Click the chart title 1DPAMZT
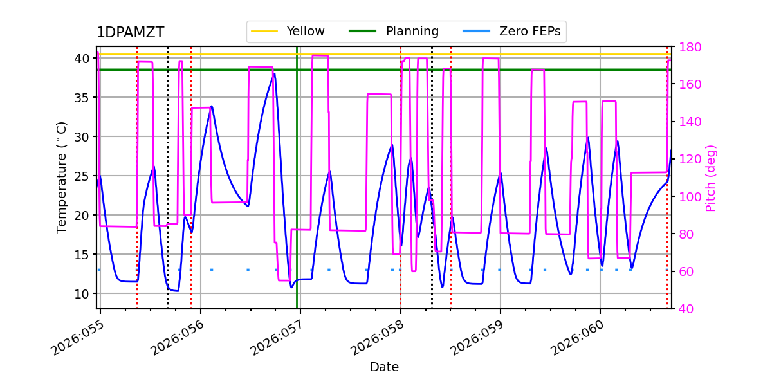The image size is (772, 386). point(130,33)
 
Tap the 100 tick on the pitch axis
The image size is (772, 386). point(689,197)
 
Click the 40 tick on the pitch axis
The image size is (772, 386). point(686,309)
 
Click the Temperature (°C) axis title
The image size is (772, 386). point(62,177)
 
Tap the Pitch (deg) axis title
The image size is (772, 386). point(711,178)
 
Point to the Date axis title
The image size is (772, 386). point(384,367)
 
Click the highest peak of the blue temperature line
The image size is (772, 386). point(275,73)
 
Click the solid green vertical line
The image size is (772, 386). point(297,193)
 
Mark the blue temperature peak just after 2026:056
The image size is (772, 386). point(212,106)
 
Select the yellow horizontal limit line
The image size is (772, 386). point(515,55)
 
